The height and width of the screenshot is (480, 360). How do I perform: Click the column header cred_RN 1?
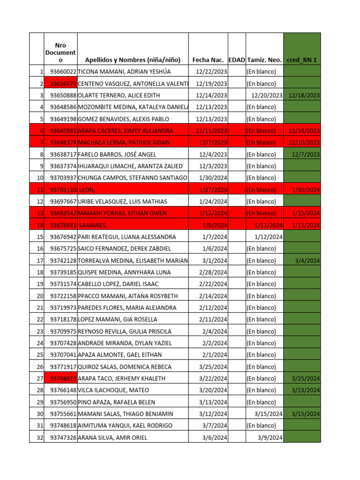[x=302, y=60]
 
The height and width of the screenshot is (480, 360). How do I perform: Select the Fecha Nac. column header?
[x=210, y=60]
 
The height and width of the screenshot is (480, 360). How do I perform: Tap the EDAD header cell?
[x=237, y=60]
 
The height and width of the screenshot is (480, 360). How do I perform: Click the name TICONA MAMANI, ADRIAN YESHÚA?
[x=124, y=72]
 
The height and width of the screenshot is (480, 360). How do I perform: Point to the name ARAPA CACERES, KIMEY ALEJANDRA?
[x=126, y=131]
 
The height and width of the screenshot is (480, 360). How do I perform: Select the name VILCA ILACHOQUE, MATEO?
[x=113, y=390]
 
